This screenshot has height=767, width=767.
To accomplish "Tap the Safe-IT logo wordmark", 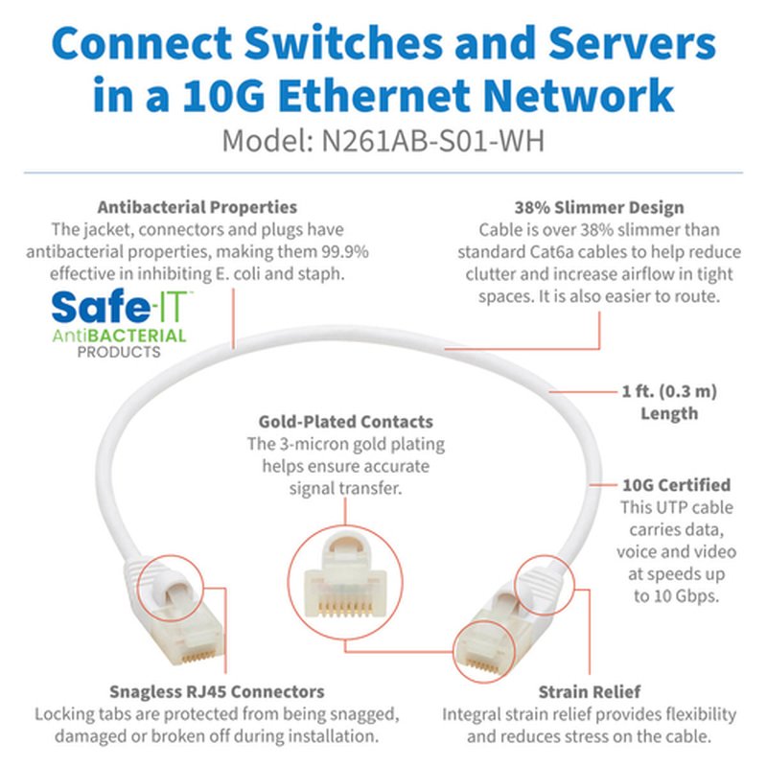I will (x=120, y=308).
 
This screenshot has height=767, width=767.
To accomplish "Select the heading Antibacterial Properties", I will (x=198, y=207).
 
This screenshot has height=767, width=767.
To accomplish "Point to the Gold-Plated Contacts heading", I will (x=345, y=422).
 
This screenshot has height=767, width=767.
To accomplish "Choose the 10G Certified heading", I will (x=676, y=485).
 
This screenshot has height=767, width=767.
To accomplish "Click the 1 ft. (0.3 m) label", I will (x=668, y=391).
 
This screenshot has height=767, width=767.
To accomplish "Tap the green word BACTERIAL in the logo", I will (x=143, y=336).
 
